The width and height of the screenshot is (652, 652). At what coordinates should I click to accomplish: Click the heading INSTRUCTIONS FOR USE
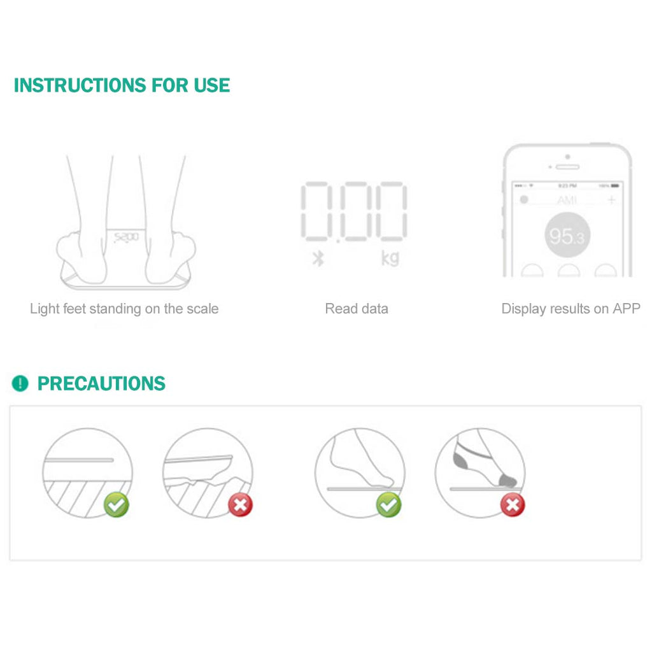point(122,85)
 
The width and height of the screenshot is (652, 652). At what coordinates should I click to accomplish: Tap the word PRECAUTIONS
point(101,383)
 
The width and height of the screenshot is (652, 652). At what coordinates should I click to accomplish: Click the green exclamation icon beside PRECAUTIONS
point(20,383)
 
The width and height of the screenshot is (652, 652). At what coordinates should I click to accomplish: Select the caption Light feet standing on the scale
point(124,309)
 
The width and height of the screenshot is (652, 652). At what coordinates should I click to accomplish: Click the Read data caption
point(356,309)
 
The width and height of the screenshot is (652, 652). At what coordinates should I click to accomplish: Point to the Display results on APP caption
point(570,309)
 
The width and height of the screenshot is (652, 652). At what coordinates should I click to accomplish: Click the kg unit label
point(390,259)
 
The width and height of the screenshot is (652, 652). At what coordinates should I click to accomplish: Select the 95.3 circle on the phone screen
point(567,236)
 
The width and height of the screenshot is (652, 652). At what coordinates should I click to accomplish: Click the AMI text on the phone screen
point(567,200)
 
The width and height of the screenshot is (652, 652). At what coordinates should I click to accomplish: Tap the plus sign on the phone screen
point(612,200)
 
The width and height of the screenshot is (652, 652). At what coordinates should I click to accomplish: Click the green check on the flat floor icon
point(117,505)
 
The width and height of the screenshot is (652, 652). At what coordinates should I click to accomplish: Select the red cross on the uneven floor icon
point(240,505)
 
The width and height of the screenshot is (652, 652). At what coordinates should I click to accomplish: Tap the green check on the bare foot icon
point(388,505)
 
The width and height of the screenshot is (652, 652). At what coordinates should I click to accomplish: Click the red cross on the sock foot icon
point(512,505)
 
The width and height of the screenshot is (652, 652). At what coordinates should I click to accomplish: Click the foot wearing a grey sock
point(484,462)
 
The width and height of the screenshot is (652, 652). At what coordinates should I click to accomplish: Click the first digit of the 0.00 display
point(316,211)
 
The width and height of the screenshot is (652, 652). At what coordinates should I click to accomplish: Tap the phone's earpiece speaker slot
point(567,167)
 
